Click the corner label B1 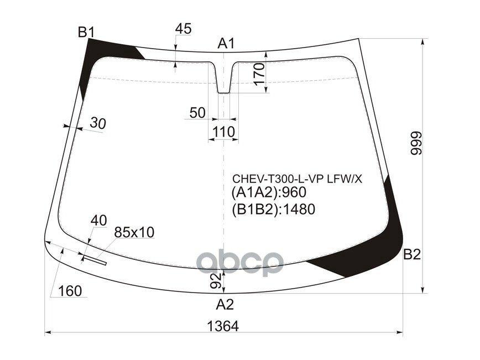pyautogui.click(x=86, y=33)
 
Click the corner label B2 pyautogui.click(x=412, y=254)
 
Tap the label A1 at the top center pyautogui.click(x=226, y=43)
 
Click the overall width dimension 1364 pyautogui.click(x=223, y=326)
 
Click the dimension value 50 pyautogui.click(x=197, y=113)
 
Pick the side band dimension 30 pyautogui.click(x=97, y=124)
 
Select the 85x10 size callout pyautogui.click(x=134, y=233)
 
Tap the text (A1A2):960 pyautogui.click(x=268, y=193)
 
